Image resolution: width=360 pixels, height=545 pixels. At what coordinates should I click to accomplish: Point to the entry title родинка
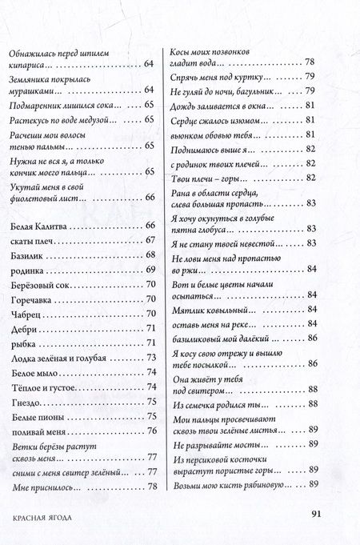click(x=26, y=270)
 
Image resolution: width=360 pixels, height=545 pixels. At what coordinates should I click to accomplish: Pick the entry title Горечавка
click(x=31, y=299)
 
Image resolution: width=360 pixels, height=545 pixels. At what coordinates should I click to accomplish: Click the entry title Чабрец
click(x=25, y=314)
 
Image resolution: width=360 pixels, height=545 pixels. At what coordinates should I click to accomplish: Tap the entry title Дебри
click(x=22, y=328)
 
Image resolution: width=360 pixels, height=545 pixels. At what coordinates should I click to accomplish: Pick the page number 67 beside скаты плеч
click(x=150, y=241)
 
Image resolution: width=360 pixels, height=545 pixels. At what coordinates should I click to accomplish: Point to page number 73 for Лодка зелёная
click(x=150, y=358)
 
